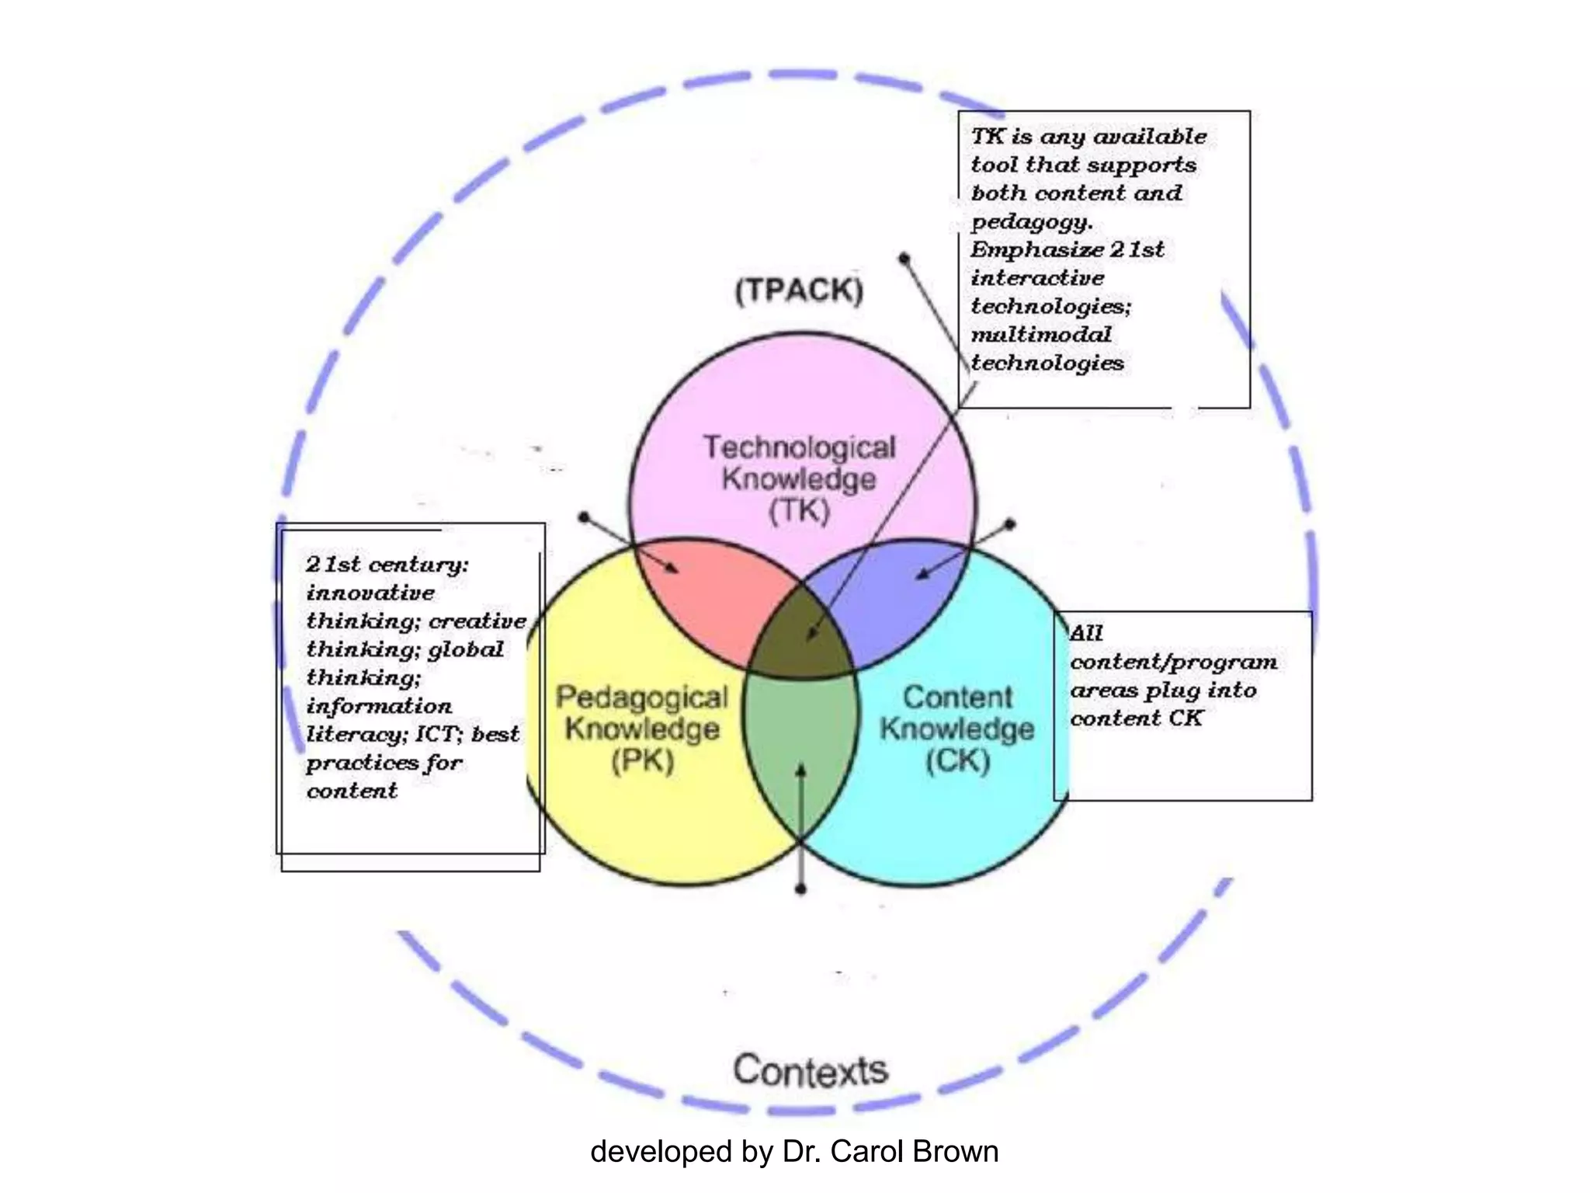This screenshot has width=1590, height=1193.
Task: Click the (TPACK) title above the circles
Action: (799, 290)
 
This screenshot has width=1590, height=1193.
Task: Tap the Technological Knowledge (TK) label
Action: (799, 478)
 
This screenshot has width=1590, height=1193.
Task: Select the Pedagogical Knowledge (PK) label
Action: (642, 729)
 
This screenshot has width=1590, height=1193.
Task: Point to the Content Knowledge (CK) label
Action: (957, 729)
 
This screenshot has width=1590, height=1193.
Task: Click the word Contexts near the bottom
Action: (811, 1070)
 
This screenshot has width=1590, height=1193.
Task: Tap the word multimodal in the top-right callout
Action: (1040, 335)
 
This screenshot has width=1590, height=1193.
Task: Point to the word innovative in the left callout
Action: (370, 593)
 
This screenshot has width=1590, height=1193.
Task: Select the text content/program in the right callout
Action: (1173, 662)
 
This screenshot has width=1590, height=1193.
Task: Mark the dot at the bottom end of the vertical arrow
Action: (801, 889)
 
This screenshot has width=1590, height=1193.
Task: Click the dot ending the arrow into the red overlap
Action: (585, 517)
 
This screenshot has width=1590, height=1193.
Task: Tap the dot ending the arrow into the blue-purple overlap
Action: (1010, 524)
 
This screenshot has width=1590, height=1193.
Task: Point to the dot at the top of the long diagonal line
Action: (904, 259)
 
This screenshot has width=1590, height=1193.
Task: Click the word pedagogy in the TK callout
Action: (1031, 222)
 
